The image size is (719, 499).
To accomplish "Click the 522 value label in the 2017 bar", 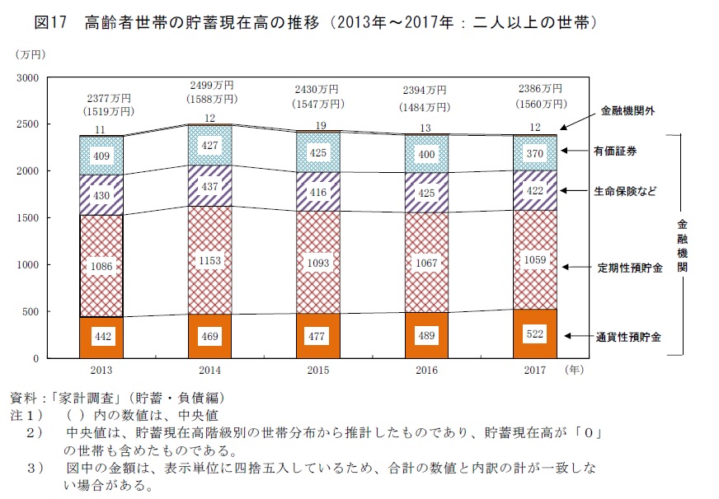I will pyautogui.click(x=534, y=336).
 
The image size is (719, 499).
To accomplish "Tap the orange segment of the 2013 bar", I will pyautogui.click(x=101, y=338).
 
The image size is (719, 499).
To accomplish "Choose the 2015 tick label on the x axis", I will pyautogui.click(x=317, y=371).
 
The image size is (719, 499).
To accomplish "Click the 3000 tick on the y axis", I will pyautogui.click(x=28, y=78).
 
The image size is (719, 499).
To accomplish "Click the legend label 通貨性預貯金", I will pyautogui.click(x=629, y=337).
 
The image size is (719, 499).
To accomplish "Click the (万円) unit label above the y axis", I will pyautogui.click(x=31, y=54).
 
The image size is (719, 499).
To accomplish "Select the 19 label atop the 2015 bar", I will pyautogui.click(x=318, y=125).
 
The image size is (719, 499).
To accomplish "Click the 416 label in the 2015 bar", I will pyautogui.click(x=317, y=192).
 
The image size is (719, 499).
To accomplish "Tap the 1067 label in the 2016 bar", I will pyautogui.click(x=425, y=263).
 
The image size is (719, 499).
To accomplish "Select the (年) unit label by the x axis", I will pyautogui.click(x=574, y=371).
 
